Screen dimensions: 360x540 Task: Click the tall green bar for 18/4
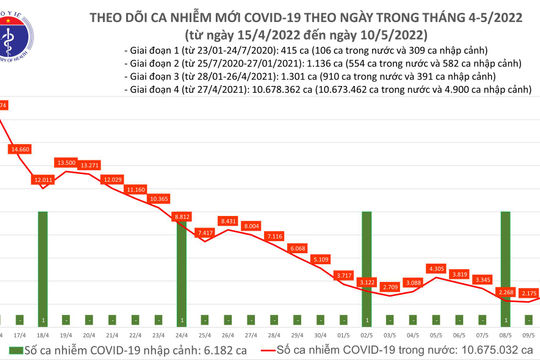click(x=43, y=259)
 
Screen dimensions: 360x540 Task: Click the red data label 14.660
click(x=19, y=149)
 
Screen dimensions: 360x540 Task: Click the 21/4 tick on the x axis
click(x=112, y=322)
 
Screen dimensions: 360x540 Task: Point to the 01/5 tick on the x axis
click(x=342, y=322)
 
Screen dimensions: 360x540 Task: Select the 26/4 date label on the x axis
click(x=227, y=322)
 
